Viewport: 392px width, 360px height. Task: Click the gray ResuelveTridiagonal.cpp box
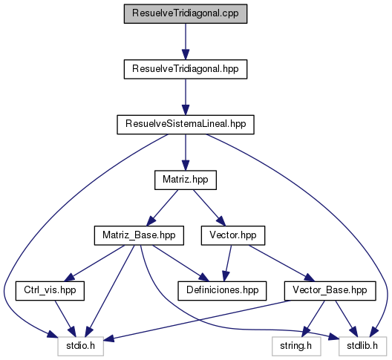[x=186, y=14]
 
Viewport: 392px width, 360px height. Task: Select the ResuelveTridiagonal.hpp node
[x=186, y=69]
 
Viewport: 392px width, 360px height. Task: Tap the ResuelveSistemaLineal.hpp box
[x=186, y=125]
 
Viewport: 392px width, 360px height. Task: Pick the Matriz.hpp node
[x=186, y=180]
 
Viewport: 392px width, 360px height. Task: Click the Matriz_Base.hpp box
[x=139, y=235]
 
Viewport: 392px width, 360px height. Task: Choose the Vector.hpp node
[x=233, y=235]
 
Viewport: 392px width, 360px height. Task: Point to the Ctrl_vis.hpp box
[x=50, y=291]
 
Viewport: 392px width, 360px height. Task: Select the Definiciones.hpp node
[x=222, y=291]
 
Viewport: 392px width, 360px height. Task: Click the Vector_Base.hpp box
[x=330, y=291]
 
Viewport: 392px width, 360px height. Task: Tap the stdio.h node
[x=81, y=346]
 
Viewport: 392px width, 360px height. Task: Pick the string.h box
[x=296, y=346]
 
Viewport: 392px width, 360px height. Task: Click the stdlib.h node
[x=362, y=346]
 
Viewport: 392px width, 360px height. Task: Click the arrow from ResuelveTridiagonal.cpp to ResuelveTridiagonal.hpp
[x=186, y=42]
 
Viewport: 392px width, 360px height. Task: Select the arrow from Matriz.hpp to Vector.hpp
[x=209, y=208]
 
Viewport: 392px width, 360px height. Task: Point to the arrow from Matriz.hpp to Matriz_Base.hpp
[x=163, y=208]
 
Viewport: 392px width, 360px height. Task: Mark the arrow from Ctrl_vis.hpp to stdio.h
[x=65, y=318]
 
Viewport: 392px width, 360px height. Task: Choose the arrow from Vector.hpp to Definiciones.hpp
[x=228, y=264]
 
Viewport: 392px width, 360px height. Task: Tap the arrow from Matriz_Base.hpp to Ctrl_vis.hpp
[x=94, y=264]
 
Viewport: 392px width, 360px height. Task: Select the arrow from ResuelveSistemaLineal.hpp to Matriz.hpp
[x=186, y=152]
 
